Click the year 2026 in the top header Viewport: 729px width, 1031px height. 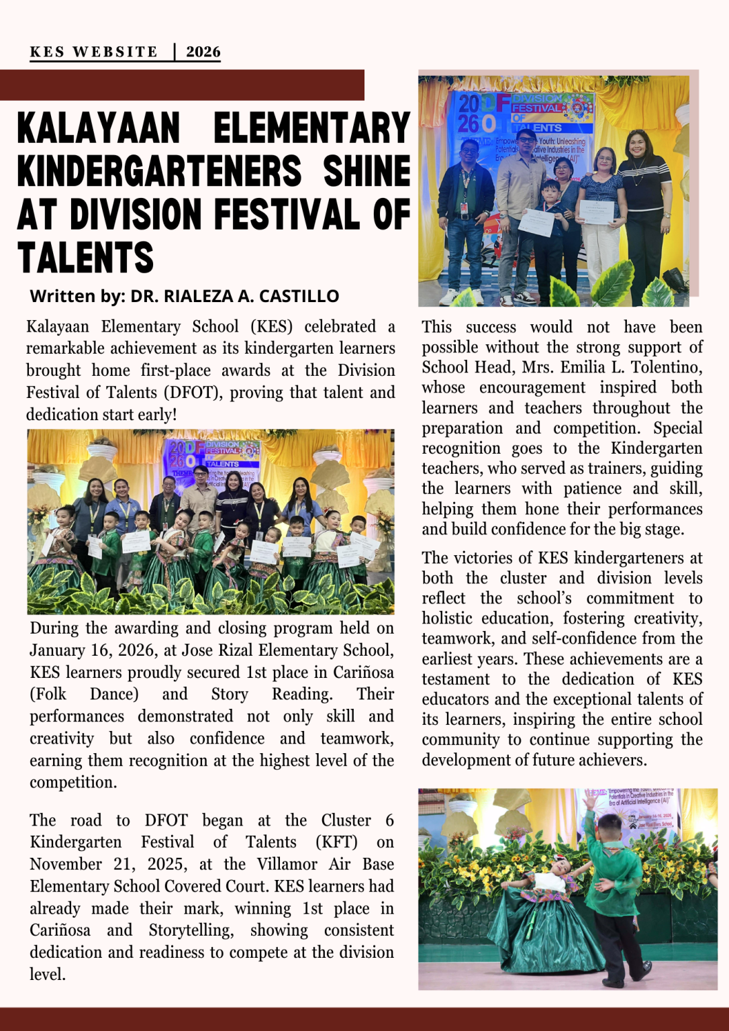coord(203,52)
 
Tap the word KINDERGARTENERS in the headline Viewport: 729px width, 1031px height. coord(160,171)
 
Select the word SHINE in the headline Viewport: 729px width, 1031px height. coord(367,171)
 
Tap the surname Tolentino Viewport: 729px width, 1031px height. coord(669,368)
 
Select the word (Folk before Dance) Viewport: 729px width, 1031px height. coord(48,694)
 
